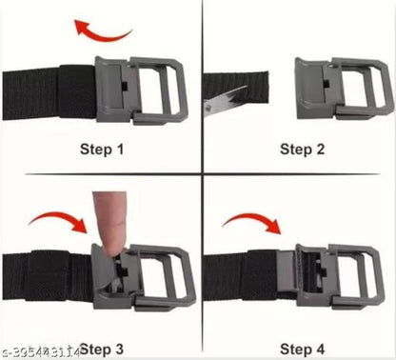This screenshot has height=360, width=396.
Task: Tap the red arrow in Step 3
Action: pyautogui.click(x=57, y=226)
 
